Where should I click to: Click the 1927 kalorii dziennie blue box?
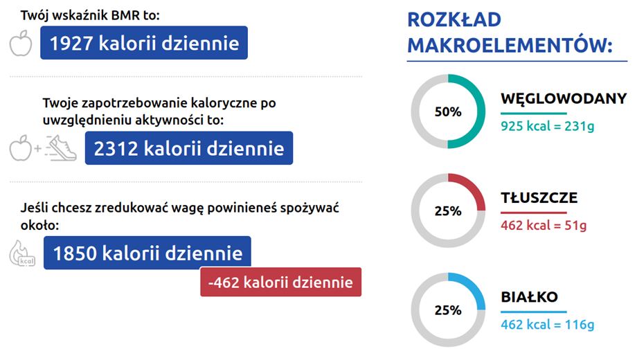point(144,43)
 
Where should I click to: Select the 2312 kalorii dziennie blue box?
point(189,148)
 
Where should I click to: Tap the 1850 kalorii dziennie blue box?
point(147,252)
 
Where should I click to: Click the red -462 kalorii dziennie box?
point(280,282)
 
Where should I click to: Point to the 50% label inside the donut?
point(448,111)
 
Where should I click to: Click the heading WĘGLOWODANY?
point(564,98)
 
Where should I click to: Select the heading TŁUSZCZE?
point(539,197)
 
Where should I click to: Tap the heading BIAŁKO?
point(530,296)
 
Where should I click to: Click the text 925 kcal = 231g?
point(547,126)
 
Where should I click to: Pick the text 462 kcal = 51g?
point(544,225)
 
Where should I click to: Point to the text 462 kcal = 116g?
point(547,324)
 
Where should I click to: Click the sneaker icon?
point(61,148)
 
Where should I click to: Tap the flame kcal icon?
point(22,253)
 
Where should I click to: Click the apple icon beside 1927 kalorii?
point(21,43)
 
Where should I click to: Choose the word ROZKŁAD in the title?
point(454,19)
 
